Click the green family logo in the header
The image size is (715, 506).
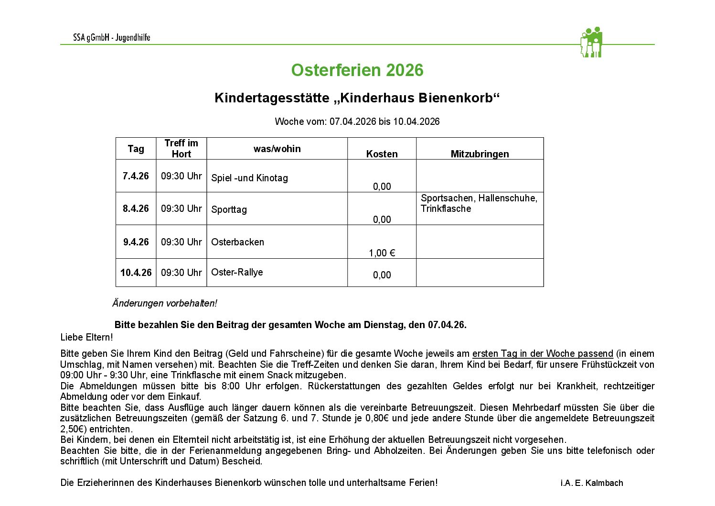pyautogui.click(x=591, y=43)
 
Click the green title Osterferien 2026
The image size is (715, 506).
pyautogui.click(x=357, y=70)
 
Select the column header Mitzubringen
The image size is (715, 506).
pyautogui.click(x=480, y=154)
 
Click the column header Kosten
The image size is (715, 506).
pyautogui.click(x=382, y=154)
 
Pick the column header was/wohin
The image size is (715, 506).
pyautogui.click(x=277, y=149)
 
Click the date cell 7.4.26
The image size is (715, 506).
pyautogui.click(x=136, y=176)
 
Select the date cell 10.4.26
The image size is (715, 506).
pyautogui.click(x=136, y=273)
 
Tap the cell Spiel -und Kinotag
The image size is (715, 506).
pyautogui.click(x=249, y=178)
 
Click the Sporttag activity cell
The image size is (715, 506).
pyautogui.click(x=229, y=209)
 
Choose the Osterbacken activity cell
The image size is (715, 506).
pyautogui.click(x=237, y=242)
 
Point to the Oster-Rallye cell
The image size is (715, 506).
pyautogui.click(x=237, y=272)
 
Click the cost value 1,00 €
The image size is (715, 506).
pyautogui.click(x=382, y=253)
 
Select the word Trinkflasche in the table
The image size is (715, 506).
pyautogui.click(x=446, y=209)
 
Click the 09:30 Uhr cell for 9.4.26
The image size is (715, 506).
pyautogui.click(x=181, y=242)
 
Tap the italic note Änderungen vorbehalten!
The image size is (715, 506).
pyautogui.click(x=164, y=303)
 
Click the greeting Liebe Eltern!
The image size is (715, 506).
pyautogui.click(x=86, y=337)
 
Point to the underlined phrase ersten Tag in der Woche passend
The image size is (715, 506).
pyautogui.click(x=542, y=354)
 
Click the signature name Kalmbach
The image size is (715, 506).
pyautogui.click(x=605, y=483)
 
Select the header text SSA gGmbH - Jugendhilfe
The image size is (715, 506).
pyautogui.click(x=111, y=38)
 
